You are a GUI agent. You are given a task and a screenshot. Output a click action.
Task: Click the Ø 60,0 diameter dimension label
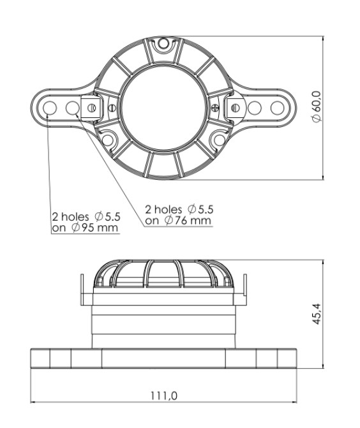317,107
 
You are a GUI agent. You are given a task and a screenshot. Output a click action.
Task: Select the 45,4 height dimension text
317,314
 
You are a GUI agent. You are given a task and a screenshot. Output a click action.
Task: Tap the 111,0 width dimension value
163,396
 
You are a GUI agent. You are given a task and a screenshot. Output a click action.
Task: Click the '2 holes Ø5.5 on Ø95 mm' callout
86,222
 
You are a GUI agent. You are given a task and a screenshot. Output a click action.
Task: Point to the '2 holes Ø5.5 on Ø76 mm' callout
179,215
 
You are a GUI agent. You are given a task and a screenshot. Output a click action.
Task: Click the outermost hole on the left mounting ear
50,108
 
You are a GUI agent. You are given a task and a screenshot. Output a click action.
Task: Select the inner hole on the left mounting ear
72,108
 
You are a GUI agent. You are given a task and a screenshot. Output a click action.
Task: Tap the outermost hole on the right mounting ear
277,108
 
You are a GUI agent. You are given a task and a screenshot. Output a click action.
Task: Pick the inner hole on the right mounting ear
255,108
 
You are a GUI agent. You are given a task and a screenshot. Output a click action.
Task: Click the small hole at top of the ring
163,43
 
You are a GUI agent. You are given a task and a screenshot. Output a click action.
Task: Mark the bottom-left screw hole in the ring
107,140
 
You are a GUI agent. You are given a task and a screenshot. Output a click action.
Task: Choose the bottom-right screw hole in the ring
219,140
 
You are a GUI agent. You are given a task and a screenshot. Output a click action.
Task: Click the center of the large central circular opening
163,108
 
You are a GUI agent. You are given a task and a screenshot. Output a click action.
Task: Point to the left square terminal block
92,108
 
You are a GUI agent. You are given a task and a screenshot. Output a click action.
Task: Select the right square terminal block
235,108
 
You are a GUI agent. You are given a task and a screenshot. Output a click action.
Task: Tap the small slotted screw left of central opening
111,108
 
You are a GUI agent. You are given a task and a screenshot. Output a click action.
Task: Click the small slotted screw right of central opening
215,108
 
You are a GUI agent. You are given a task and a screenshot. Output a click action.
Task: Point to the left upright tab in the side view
82,290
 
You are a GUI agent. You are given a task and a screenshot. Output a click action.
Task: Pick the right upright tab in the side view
245,290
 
